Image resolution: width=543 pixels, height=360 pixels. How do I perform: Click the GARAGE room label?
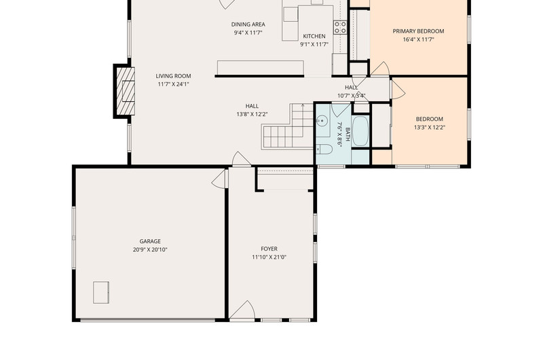150,241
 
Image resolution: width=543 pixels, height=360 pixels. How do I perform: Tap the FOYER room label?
269,249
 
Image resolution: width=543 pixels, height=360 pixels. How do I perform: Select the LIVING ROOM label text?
173,76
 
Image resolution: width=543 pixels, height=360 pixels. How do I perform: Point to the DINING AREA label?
248,24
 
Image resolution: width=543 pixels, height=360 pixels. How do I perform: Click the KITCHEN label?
314,36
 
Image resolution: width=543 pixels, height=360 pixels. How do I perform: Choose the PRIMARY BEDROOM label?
418,31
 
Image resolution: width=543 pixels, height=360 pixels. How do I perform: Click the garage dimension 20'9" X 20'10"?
150,249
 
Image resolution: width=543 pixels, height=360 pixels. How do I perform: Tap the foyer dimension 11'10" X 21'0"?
269,257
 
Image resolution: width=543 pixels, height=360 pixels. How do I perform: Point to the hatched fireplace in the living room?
125,91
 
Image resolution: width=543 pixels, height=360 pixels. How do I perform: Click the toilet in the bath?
324,149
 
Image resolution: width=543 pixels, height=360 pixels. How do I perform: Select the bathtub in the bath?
360,131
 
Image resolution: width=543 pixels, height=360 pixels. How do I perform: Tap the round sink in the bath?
322,121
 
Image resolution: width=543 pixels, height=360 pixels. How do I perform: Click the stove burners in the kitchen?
340,27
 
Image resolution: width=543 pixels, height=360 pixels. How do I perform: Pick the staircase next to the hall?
288,127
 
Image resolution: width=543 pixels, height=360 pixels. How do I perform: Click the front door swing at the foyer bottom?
242,310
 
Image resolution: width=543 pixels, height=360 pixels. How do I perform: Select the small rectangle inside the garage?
101,293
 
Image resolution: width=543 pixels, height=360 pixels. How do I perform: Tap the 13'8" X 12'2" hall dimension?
252,114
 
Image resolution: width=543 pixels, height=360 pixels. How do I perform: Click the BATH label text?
348,134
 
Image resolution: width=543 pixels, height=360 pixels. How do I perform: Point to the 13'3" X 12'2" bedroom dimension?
430,127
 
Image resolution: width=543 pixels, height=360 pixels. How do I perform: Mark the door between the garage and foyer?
219,179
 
